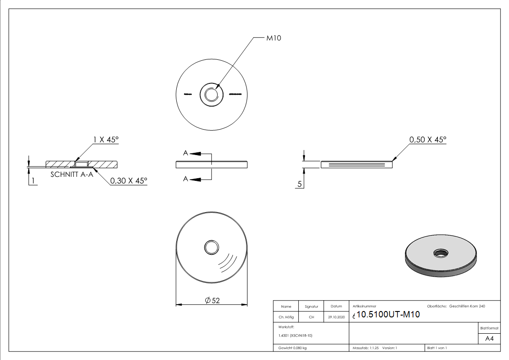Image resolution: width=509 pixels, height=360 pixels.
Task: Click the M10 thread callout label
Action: pos(273,39)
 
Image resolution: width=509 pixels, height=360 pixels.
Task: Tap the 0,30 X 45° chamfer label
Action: pos(129,180)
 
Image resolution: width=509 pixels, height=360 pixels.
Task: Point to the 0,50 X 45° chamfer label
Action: pos(427,140)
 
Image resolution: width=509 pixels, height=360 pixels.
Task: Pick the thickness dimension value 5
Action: pos(300,184)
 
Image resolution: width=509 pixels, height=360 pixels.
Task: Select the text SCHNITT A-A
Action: pos(72,174)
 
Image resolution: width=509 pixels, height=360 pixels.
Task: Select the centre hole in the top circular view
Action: pos(212,94)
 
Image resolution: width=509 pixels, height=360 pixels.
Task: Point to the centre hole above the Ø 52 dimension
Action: pos(212,247)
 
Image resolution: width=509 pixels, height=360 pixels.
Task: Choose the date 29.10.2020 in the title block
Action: pos(336,317)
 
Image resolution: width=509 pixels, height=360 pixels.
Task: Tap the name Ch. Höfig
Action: pos(286,317)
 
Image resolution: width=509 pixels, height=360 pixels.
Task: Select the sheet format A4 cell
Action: pos(489,339)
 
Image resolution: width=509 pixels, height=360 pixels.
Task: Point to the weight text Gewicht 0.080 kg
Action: pos(292,348)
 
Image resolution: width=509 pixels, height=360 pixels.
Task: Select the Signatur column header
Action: pos(311,307)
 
